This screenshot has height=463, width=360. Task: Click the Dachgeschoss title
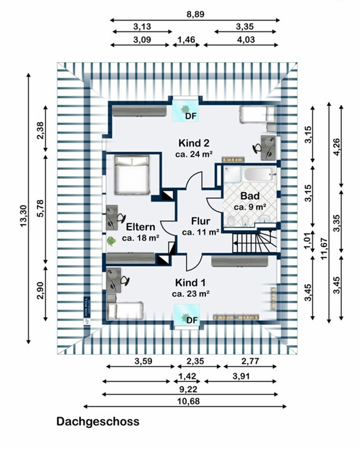coord(98,421)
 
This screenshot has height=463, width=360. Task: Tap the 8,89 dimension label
coord(195,14)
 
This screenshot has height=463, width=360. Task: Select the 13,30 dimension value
coord(23,216)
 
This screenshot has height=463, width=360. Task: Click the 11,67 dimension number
coord(324,249)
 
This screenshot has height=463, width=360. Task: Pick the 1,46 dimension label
coord(186,40)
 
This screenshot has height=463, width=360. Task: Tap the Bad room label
coord(250,196)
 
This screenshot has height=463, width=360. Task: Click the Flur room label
coord(200,221)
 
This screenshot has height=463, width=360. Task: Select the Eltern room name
coord(141,227)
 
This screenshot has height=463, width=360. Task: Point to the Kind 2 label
coord(194,143)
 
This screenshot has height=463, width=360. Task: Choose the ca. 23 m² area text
coord(191,294)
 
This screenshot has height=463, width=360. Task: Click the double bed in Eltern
coord(132,175)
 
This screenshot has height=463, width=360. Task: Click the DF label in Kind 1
coord(191,320)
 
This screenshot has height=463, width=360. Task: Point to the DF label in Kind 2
coord(191,116)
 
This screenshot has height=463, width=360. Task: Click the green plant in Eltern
coord(111,241)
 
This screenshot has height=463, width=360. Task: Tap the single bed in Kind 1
coord(125,311)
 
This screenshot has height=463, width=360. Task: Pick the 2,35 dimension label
coord(195,361)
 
